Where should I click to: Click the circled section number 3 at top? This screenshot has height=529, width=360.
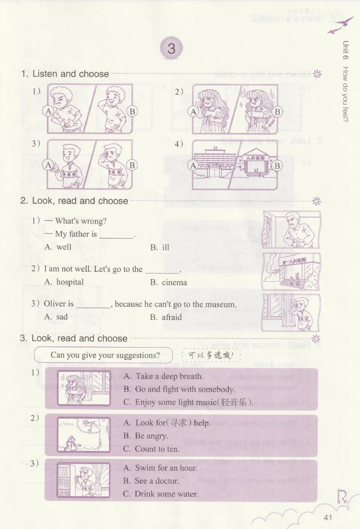(x=171, y=49)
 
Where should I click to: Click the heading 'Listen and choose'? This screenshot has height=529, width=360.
(x=71, y=74)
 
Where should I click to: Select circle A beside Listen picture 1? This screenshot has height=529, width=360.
(x=48, y=111)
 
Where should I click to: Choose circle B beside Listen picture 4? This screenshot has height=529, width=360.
(x=278, y=166)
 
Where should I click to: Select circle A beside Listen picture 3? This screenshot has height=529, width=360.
(x=48, y=165)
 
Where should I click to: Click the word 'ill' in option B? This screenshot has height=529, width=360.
(x=166, y=247)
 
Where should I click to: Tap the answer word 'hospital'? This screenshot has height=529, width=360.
(x=70, y=282)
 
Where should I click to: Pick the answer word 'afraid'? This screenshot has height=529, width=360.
(x=171, y=317)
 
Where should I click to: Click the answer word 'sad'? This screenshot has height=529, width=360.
(x=62, y=317)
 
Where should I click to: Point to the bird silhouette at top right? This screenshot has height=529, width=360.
(x=341, y=26)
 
